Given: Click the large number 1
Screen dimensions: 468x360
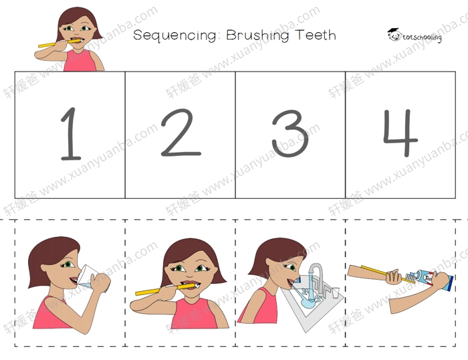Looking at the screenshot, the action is click(71, 134).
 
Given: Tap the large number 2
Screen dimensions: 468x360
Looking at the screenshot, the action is click(181, 132).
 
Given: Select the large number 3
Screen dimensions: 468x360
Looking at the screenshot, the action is click(289, 133).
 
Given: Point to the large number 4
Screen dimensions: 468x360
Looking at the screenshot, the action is click(400, 132).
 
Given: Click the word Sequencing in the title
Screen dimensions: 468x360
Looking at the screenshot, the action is click(175, 35).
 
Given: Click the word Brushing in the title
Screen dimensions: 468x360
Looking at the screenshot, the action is click(257, 35).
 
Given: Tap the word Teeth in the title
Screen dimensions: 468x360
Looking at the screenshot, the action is click(316, 35).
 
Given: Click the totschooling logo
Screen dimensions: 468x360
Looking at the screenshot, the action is click(414, 35).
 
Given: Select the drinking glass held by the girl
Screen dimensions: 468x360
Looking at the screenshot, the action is click(92, 278).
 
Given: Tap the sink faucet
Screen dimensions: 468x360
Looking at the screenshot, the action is click(317, 277).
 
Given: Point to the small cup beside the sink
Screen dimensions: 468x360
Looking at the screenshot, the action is click(336, 292).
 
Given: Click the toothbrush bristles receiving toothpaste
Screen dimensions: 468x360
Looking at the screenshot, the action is click(411, 278).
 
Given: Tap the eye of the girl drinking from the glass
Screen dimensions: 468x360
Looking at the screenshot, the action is click(68, 264).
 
